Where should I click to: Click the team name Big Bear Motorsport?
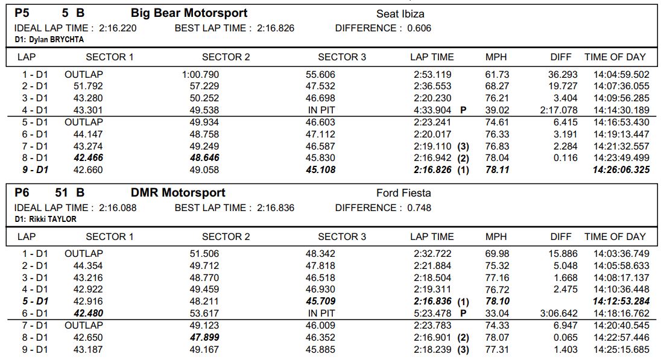189,13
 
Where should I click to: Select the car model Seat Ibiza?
400,14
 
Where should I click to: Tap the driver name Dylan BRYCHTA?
49,40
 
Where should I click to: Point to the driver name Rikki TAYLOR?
45,219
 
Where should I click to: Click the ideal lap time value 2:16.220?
118,28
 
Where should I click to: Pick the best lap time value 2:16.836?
276,208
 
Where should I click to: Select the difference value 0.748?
419,208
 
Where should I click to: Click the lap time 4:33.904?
432,110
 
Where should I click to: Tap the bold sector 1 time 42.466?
88,157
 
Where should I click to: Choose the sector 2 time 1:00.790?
200,75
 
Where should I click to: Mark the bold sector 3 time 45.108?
320,169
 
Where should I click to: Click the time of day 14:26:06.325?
621,169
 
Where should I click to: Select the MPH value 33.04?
497,313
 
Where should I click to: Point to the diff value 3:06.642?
558,313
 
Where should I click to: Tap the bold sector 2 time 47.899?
204,337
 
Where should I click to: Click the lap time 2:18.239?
432,350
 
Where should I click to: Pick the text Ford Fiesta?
403,193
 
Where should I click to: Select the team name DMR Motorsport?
178,192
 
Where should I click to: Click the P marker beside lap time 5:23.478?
463,313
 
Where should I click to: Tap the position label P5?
22,13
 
